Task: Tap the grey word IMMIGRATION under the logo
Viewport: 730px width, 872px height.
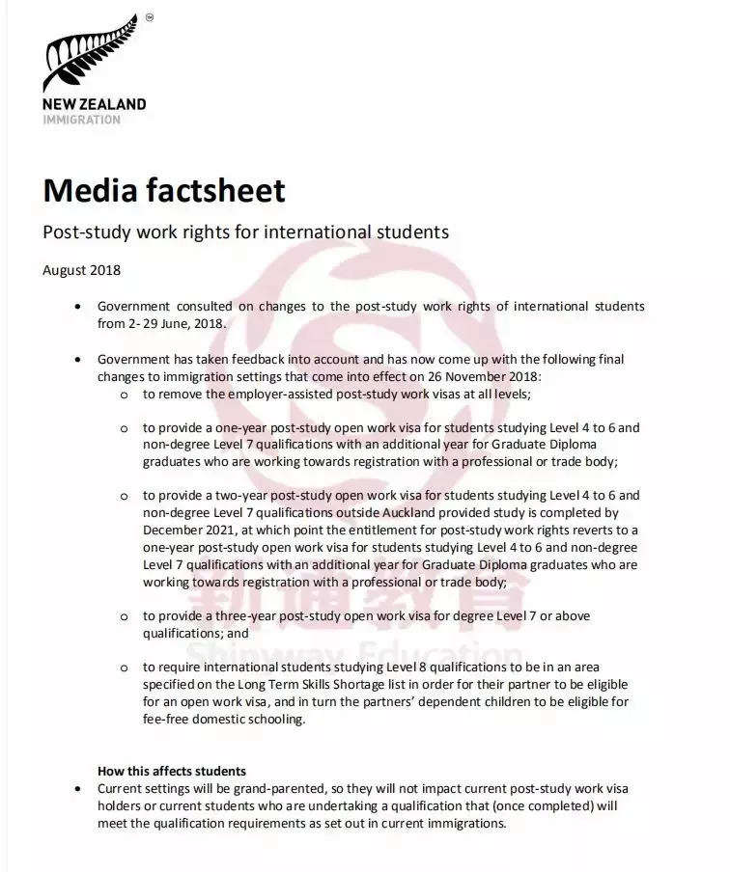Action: (x=81, y=121)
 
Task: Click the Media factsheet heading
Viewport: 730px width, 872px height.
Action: (x=164, y=190)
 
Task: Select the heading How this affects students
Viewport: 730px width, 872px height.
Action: (x=172, y=772)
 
